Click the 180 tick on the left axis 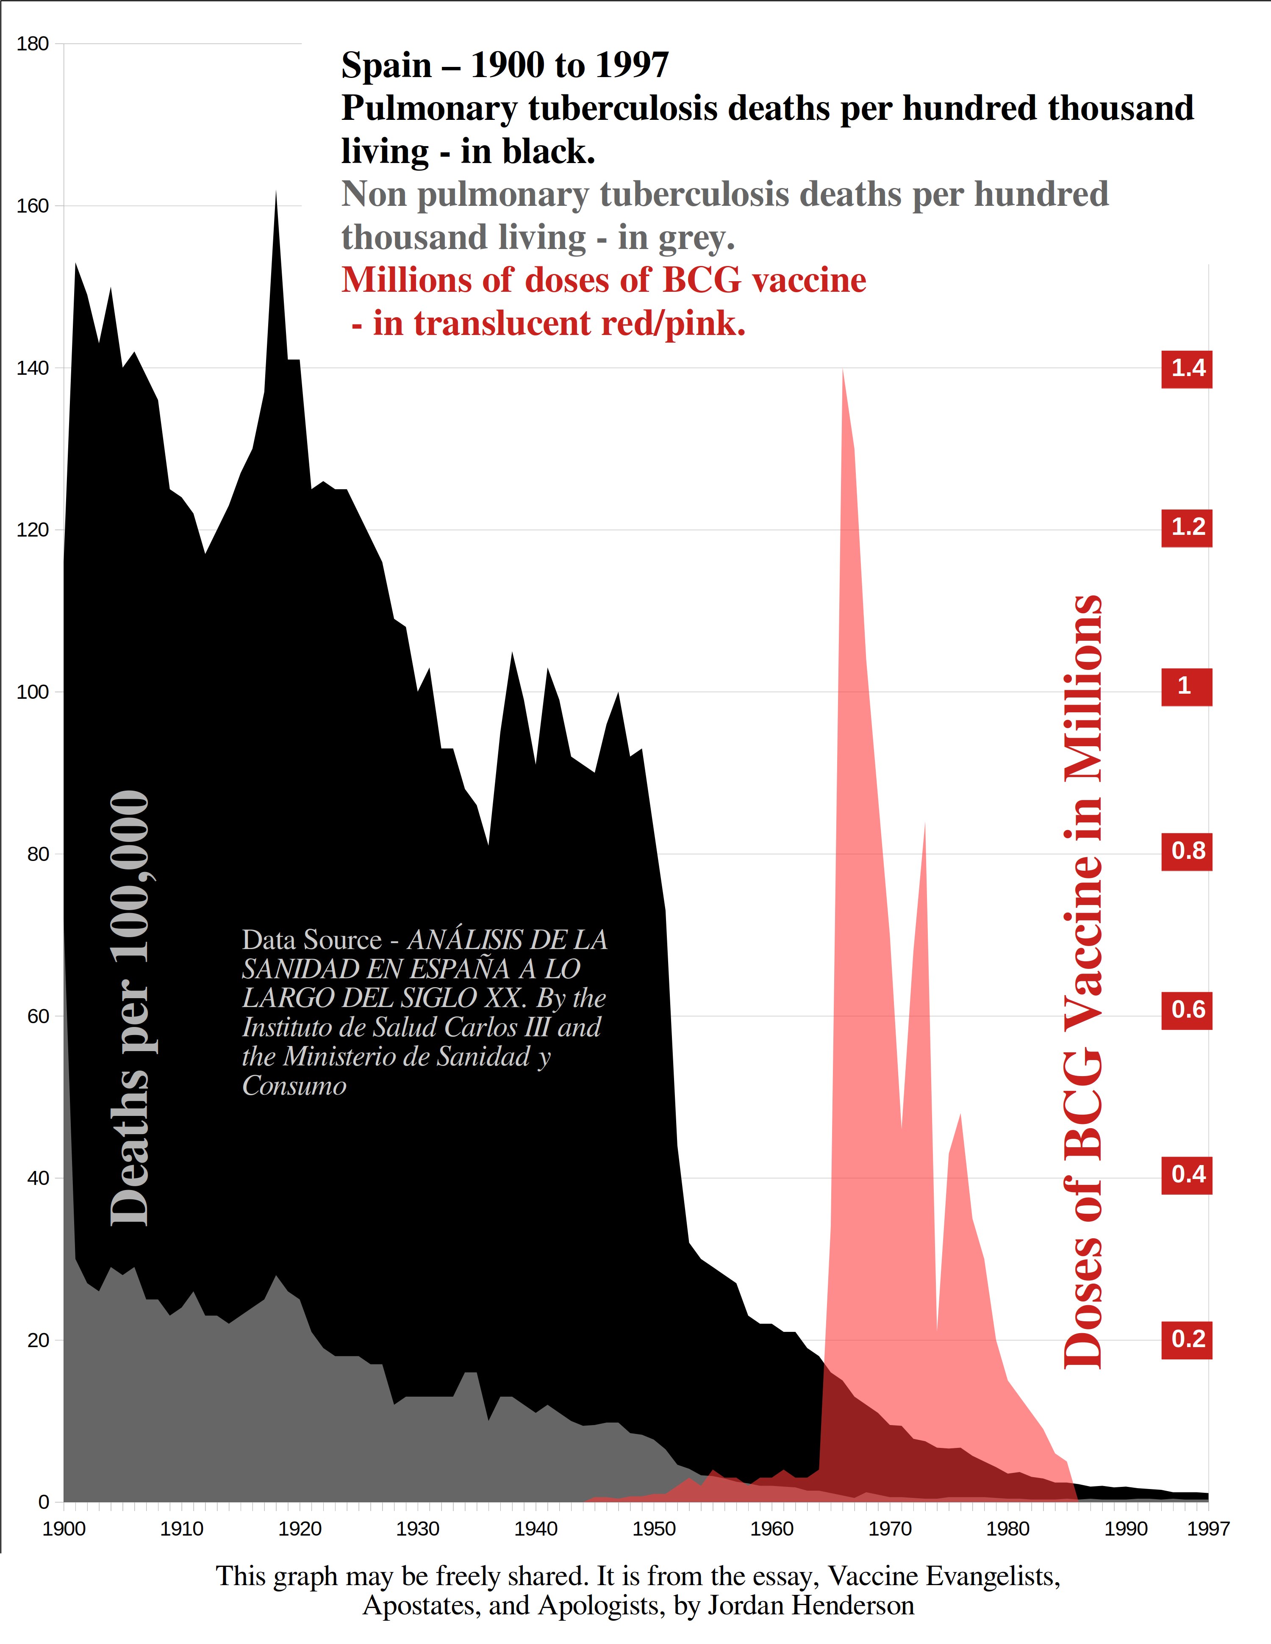32,44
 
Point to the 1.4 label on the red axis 1188,368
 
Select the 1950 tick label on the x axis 654,1529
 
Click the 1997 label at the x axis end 1208,1529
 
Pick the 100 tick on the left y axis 32,692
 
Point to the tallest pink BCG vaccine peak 843,373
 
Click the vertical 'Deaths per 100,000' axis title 130,1009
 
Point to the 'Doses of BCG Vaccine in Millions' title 1083,979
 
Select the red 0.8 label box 1188,851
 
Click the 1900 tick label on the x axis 64,1529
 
